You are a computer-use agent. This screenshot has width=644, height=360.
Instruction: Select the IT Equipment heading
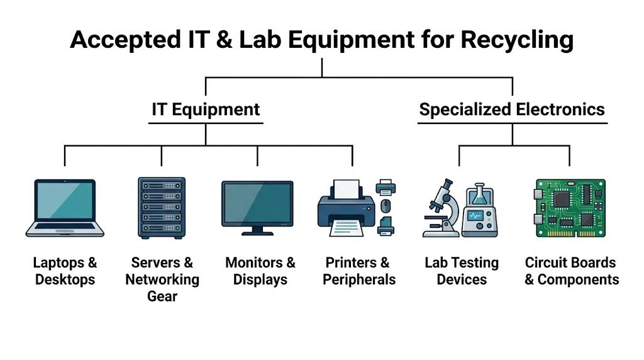click(x=206, y=110)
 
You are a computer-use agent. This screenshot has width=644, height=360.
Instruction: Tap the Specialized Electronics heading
click(x=512, y=110)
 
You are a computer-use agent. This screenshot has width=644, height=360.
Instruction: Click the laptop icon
click(x=65, y=208)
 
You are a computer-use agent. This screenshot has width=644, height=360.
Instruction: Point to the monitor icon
click(x=257, y=205)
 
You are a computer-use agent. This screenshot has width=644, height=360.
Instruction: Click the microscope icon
click(x=440, y=207)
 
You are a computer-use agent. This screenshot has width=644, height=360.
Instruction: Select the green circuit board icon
click(x=570, y=208)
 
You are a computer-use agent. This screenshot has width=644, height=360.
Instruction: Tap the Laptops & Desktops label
click(x=65, y=271)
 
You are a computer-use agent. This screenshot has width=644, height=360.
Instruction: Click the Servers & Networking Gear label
click(x=162, y=279)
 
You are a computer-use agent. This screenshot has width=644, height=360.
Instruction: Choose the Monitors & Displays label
click(x=260, y=271)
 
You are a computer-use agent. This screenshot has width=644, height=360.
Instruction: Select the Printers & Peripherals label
click(x=359, y=271)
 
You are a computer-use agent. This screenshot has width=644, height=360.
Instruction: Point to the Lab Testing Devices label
click(x=462, y=271)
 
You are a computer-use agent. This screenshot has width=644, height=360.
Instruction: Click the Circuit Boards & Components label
click(x=572, y=271)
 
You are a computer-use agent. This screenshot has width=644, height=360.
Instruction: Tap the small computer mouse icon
click(x=386, y=205)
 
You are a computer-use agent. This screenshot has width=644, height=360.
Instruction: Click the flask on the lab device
click(x=480, y=196)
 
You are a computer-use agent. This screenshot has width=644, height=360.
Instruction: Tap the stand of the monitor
click(x=257, y=230)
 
